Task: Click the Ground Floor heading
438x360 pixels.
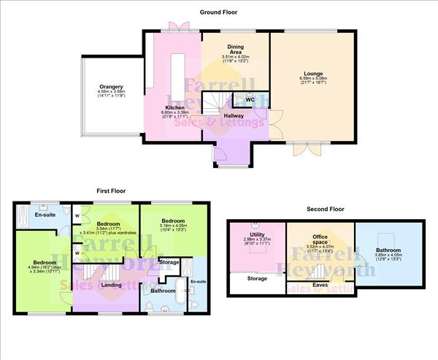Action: pyautogui.click(x=219, y=12)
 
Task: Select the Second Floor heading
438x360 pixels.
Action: pyautogui.click(x=326, y=209)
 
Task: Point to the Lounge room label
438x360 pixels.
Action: pyautogui.click(x=314, y=74)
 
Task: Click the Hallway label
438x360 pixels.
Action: pyautogui.click(x=234, y=115)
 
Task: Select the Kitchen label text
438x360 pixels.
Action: pyautogui.click(x=174, y=106)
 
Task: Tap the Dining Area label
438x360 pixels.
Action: pyautogui.click(x=235, y=45)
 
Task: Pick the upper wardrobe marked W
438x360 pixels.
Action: pyautogui.click(x=77, y=215)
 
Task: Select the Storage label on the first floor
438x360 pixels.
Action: pyautogui.click(x=169, y=261)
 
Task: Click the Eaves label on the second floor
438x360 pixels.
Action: pyautogui.click(x=320, y=285)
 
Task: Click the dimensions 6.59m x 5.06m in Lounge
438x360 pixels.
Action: pyautogui.click(x=314, y=80)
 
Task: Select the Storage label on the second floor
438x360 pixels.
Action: pyautogui.click(x=257, y=278)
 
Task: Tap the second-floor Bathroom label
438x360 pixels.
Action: pyautogui.click(x=388, y=250)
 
